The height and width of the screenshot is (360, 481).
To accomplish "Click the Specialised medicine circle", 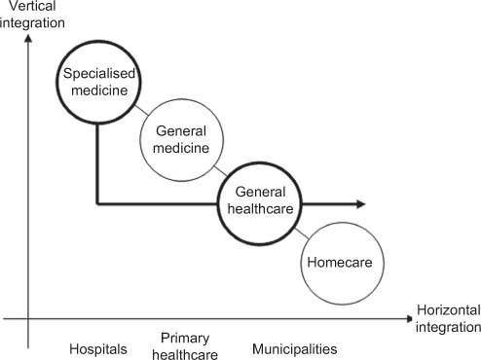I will click(x=97, y=80).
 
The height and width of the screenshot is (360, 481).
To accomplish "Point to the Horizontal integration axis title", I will click(x=448, y=317).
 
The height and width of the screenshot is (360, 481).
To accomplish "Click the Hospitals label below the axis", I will click(x=98, y=348).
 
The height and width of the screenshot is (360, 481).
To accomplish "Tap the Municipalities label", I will click(x=294, y=348).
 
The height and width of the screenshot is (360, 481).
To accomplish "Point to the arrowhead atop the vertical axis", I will click(x=29, y=39).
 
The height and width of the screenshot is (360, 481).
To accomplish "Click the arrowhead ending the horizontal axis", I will click(x=406, y=317).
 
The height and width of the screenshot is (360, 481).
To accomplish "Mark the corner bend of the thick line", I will click(x=97, y=204).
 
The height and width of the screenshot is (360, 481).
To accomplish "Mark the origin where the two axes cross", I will click(x=29, y=317).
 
